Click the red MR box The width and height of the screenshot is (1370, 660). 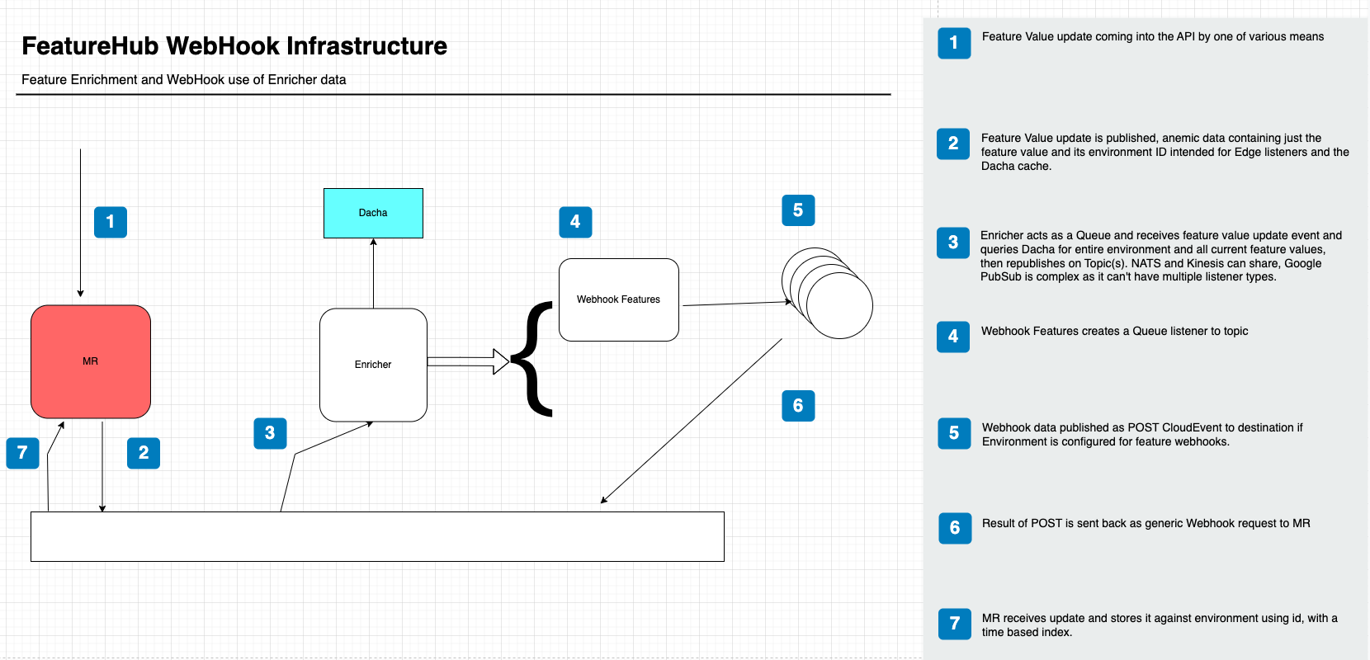click(x=91, y=361)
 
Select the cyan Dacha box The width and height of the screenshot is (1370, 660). click(x=373, y=213)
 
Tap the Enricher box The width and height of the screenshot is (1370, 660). click(x=373, y=365)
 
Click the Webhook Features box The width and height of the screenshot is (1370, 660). click(x=618, y=299)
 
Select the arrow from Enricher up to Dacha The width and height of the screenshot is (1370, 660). click(x=373, y=272)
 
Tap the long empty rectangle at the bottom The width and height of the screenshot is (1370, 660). click(x=377, y=536)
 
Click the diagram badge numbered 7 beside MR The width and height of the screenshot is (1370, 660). click(x=22, y=452)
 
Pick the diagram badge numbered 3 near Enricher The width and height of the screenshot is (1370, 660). click(x=270, y=433)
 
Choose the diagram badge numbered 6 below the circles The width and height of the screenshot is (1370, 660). click(x=798, y=405)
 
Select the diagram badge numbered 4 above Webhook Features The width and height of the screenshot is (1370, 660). click(x=575, y=222)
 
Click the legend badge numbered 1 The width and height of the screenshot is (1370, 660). click(x=954, y=43)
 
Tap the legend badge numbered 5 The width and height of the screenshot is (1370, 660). click(x=954, y=433)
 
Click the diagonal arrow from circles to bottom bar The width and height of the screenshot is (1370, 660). click(x=692, y=420)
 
